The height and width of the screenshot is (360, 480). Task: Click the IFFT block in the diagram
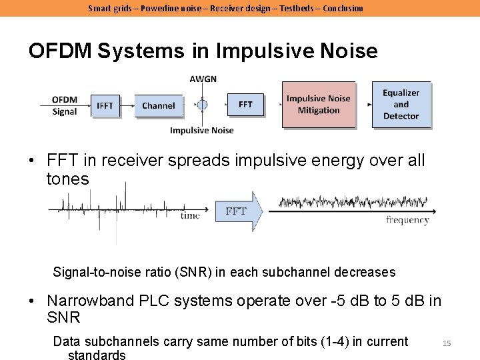[x=105, y=105]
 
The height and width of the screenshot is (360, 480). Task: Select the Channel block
[x=158, y=105]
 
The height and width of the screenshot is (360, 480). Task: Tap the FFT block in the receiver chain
[x=245, y=105]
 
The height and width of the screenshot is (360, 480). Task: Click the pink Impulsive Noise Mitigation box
[x=318, y=105]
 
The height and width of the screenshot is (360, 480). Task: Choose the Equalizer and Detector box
[x=401, y=105]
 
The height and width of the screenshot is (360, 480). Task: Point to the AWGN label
[x=203, y=79]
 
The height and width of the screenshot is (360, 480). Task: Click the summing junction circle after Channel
[x=202, y=105]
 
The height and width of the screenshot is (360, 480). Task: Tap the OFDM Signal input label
[x=65, y=105]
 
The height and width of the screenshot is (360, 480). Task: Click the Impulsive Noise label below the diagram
[x=201, y=130]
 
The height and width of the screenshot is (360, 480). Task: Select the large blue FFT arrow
[x=236, y=211]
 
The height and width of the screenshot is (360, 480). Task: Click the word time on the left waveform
[x=190, y=215]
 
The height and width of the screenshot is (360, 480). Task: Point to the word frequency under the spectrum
[x=407, y=220]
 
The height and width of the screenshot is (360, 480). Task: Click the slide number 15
[x=447, y=343]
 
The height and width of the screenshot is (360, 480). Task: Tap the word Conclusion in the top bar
[x=343, y=8]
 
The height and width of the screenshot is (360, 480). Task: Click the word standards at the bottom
[x=97, y=355]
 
